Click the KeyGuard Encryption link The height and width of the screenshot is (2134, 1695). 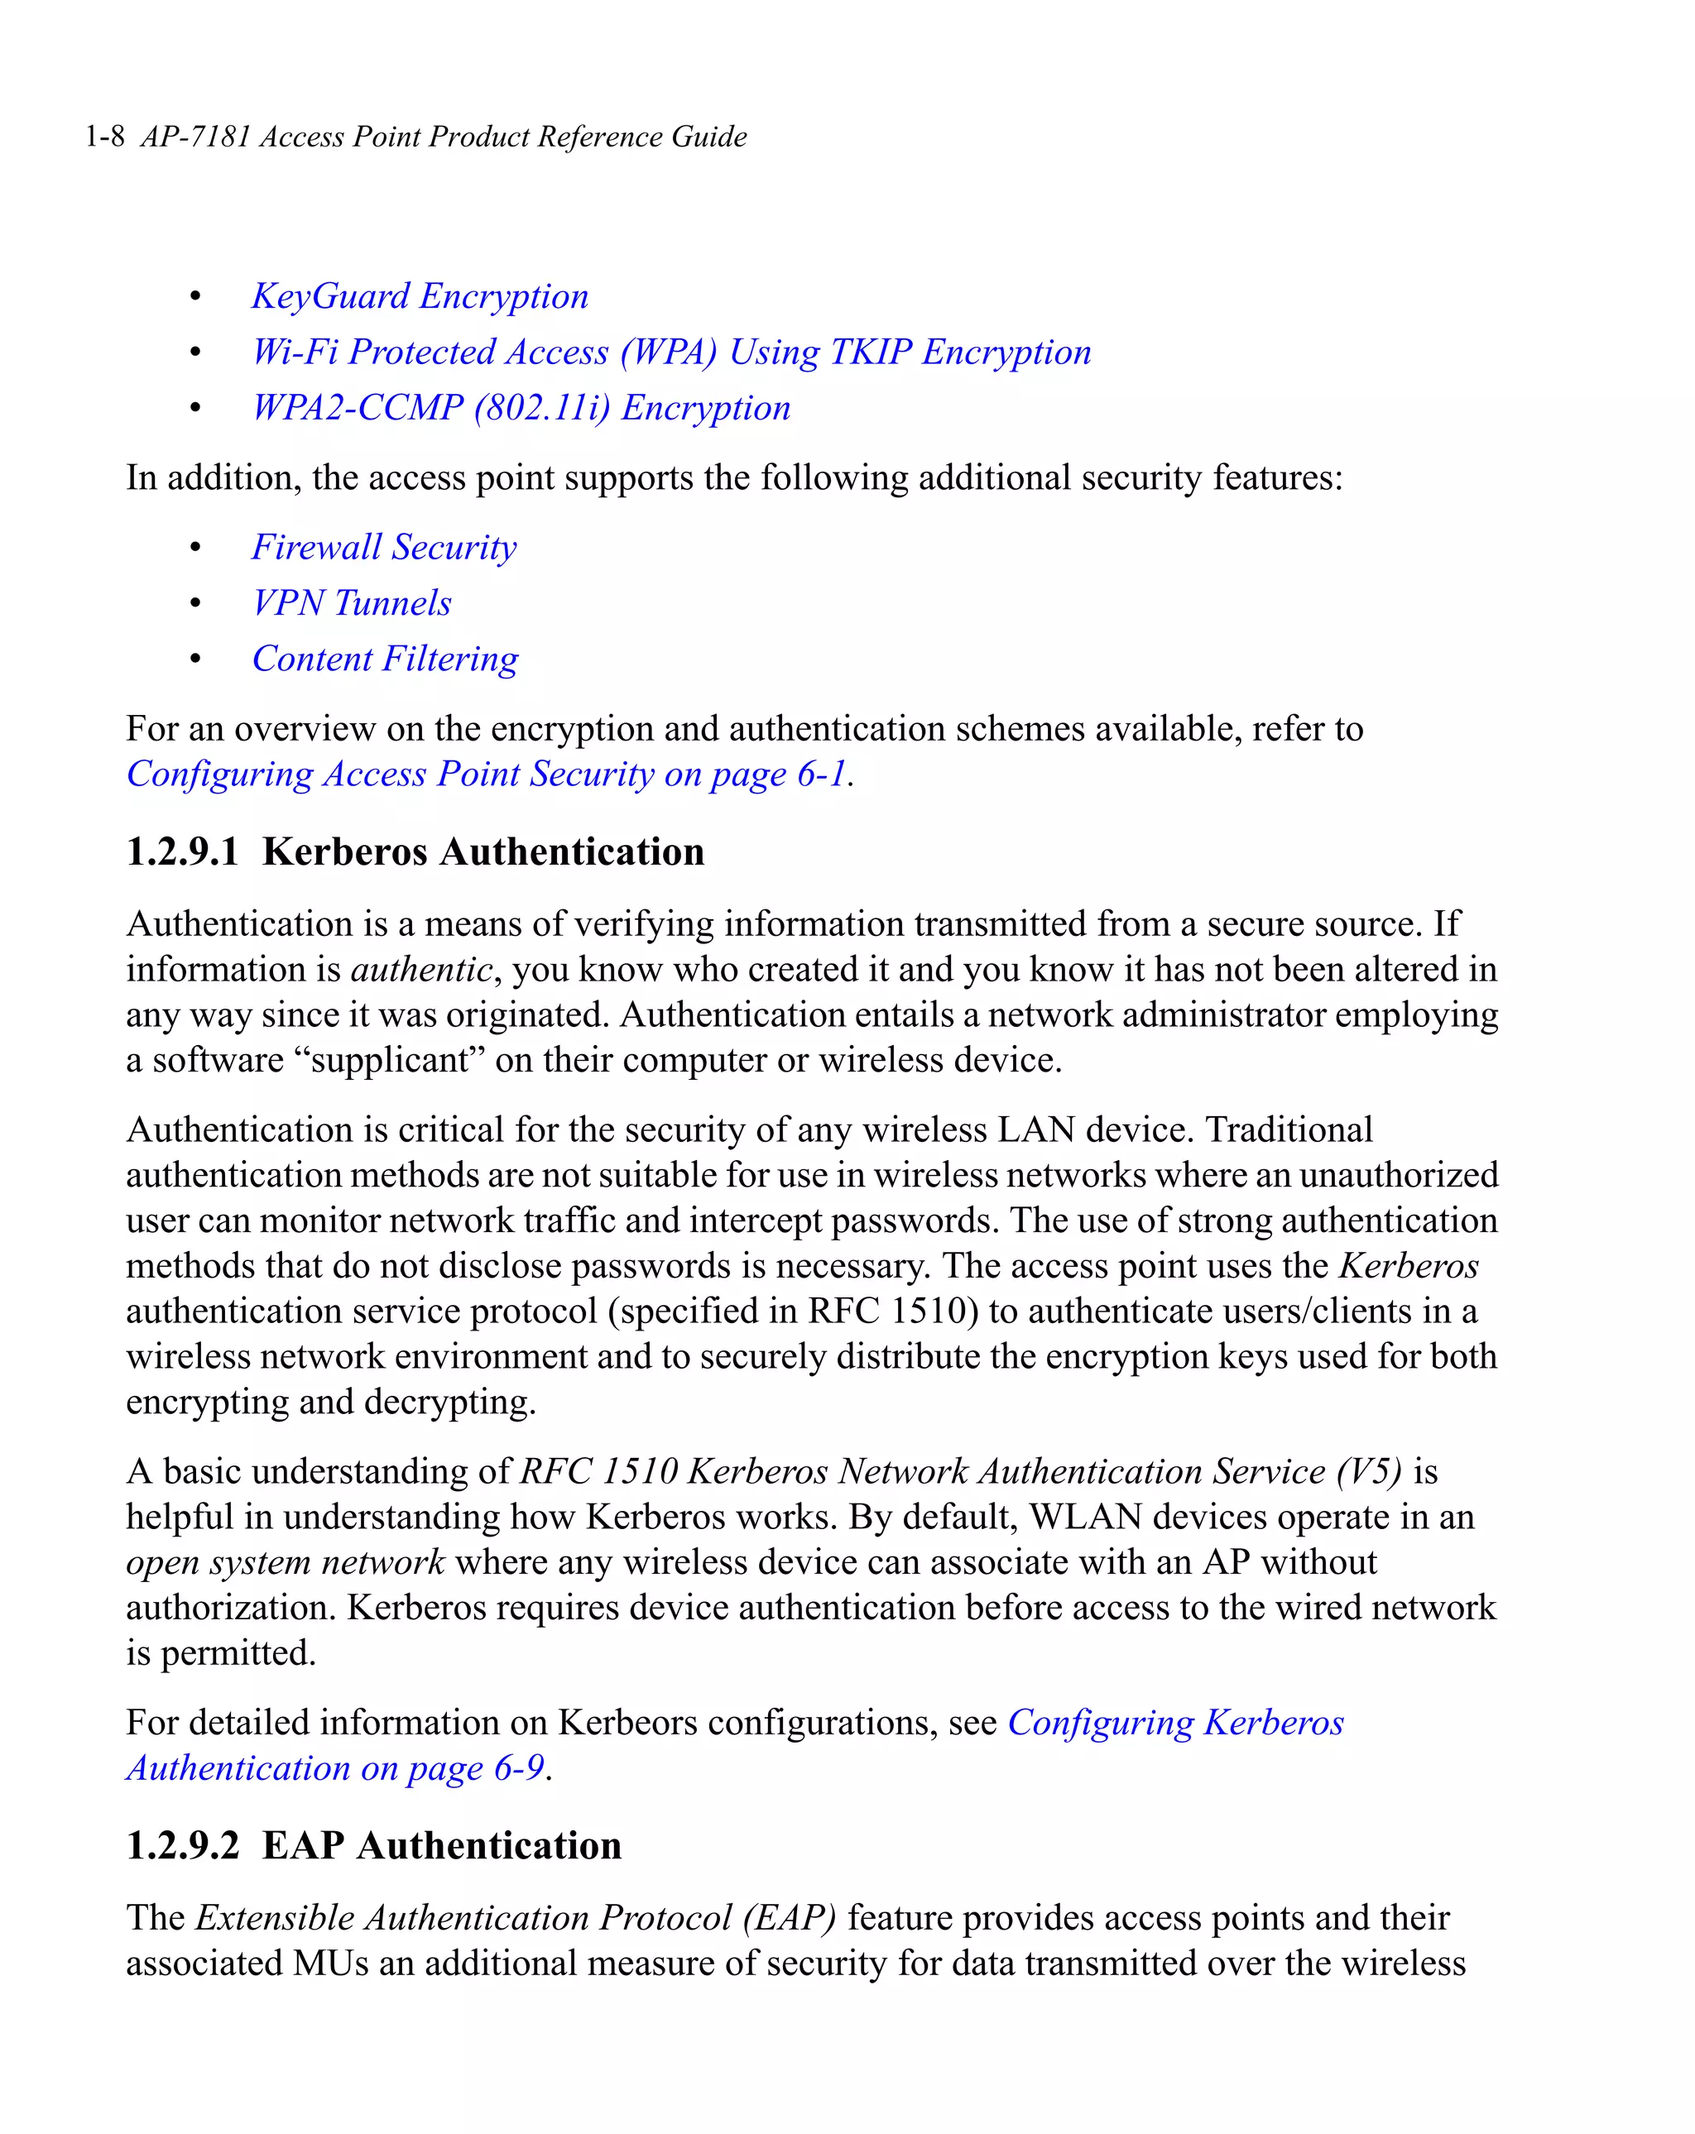[x=420, y=296]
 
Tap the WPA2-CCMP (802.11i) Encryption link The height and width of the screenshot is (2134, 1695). [x=521, y=408]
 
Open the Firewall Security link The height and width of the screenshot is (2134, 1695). [x=384, y=547]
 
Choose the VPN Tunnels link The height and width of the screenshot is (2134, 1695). [x=352, y=602]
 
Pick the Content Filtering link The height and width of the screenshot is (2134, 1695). [x=385, y=659]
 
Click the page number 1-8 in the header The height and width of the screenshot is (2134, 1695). [x=105, y=137]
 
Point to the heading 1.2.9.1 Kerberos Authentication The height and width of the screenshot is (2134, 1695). [x=415, y=852]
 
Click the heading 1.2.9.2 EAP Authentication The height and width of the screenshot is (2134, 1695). [x=373, y=1846]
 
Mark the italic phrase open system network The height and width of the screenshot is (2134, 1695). [x=286, y=1563]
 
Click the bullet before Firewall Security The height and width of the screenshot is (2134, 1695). [x=196, y=547]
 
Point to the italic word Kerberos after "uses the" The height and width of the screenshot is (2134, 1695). [x=1409, y=1266]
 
